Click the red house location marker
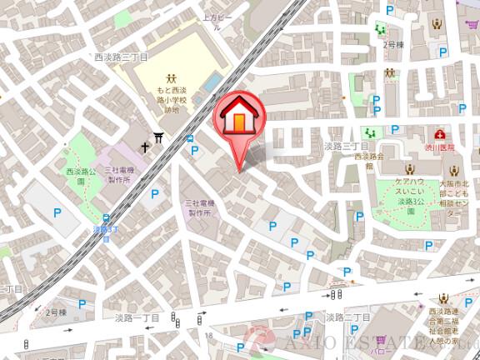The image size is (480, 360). point(239,119)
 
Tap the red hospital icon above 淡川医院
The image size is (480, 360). point(439,133)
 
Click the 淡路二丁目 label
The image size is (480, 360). point(347,317)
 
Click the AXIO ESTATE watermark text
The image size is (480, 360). point(367,342)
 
